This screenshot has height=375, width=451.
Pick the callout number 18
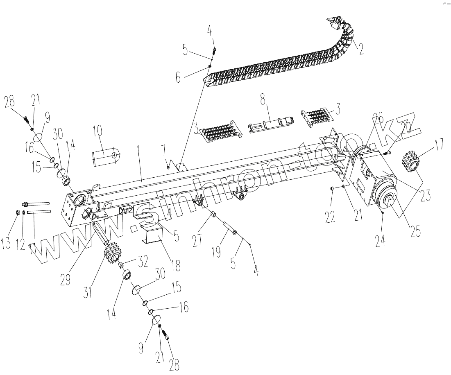point(176,265)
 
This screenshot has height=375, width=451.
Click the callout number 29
point(65,280)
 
